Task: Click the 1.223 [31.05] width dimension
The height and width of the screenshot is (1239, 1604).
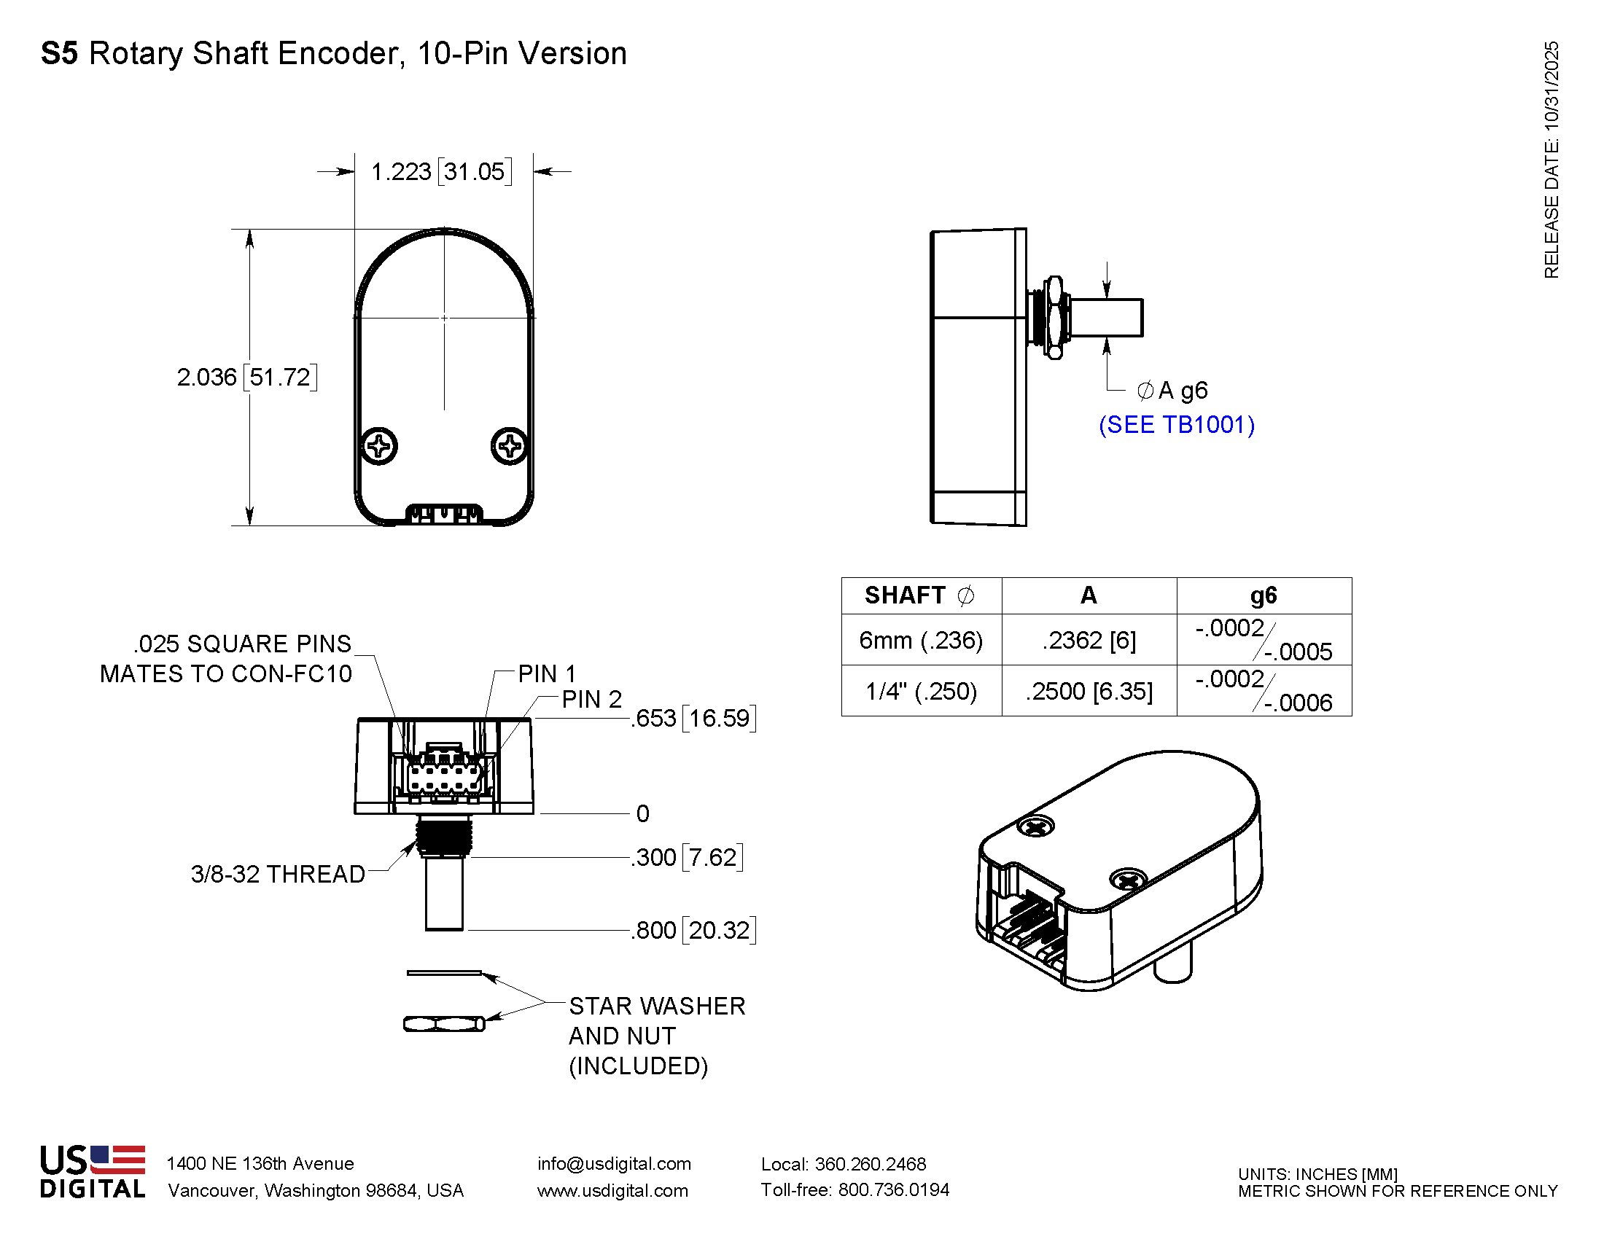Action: [440, 172]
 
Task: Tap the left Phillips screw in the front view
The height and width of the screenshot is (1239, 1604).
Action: [380, 445]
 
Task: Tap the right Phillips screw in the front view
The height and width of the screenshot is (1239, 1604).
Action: [509, 445]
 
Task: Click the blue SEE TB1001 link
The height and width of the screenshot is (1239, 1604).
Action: [1176, 425]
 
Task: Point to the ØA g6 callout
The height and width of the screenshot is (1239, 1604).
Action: [1172, 391]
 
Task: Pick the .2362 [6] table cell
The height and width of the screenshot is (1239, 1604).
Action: [1089, 640]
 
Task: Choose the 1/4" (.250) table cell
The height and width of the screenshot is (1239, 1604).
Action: [921, 692]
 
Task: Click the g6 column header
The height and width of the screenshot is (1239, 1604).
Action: [1264, 595]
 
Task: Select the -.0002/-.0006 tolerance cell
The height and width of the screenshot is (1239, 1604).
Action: [1264, 692]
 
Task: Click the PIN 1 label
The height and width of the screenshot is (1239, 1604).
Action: [546, 674]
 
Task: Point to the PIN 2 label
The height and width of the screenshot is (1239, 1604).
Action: [591, 700]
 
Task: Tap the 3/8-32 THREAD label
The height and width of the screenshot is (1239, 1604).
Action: [278, 874]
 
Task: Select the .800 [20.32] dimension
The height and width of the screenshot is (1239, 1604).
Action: [693, 931]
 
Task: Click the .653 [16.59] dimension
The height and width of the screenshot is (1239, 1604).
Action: [693, 719]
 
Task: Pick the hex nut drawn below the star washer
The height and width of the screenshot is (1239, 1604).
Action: [443, 1024]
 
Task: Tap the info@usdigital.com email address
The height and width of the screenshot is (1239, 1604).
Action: [614, 1164]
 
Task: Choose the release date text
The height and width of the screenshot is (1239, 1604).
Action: [1551, 160]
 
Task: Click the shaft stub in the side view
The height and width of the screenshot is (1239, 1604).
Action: [1106, 317]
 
